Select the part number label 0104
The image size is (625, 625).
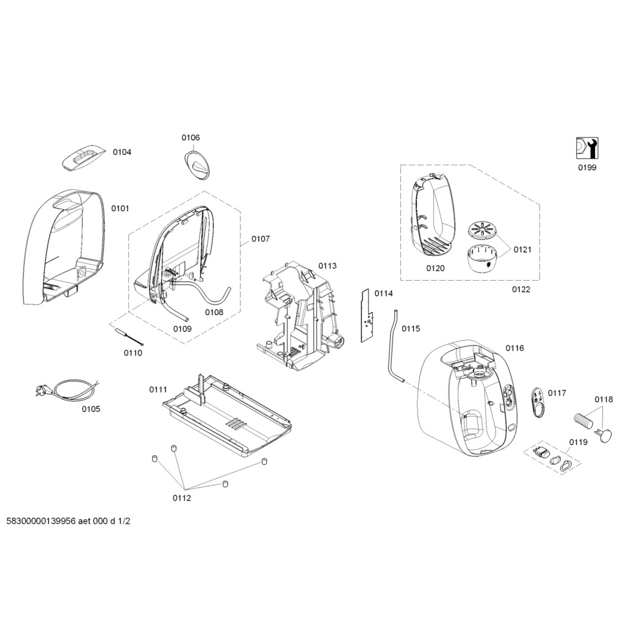tap(121, 152)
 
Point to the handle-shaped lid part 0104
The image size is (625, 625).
tap(85, 157)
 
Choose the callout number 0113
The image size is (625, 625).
tap(327, 266)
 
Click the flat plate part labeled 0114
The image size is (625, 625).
tap(367, 316)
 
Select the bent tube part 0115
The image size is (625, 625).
tap(391, 348)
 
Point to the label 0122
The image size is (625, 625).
tap(521, 289)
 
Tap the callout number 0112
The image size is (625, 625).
tap(181, 498)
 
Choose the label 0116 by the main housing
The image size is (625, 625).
tap(514, 348)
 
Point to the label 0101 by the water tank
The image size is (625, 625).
tap(120, 208)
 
